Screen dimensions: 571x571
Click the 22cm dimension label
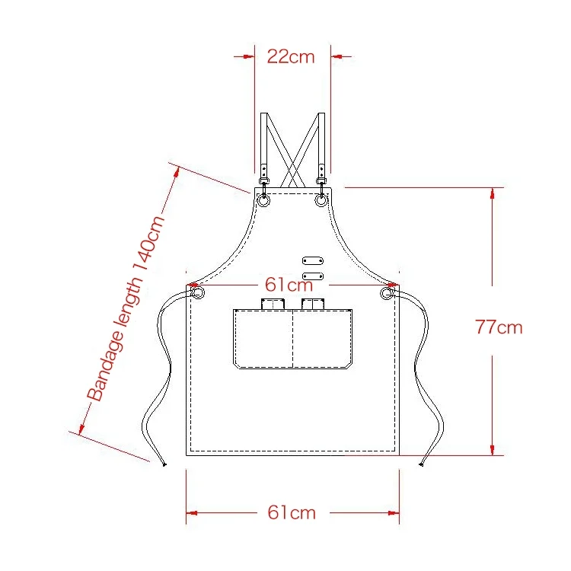tap(291, 57)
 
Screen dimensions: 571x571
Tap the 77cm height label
tap(499, 327)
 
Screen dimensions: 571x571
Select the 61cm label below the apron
tap(292, 512)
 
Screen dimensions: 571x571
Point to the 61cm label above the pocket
tap(289, 285)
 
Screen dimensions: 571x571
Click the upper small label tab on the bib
tap(312, 260)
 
